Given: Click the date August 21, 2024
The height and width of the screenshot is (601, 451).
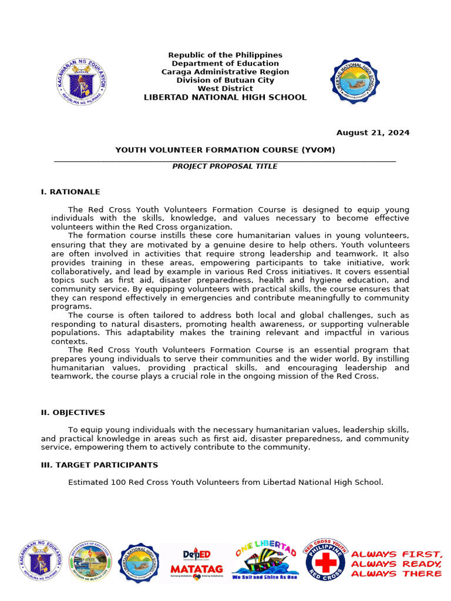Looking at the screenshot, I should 372,133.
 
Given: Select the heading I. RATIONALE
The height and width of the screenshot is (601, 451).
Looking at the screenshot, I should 70,192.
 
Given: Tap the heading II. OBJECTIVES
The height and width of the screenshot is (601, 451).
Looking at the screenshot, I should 73,413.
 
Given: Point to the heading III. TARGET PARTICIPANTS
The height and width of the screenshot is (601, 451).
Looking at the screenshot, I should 99,465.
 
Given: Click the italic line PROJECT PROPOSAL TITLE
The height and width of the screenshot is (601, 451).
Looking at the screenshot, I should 225,167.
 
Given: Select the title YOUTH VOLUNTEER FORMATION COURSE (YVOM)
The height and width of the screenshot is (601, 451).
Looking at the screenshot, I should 225,150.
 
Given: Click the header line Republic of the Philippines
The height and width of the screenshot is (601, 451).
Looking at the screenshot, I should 225,55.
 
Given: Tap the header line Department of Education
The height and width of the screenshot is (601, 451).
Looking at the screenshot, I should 225,63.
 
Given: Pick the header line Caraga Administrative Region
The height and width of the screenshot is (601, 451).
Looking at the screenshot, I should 225,72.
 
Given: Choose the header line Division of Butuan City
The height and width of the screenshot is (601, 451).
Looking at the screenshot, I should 225,80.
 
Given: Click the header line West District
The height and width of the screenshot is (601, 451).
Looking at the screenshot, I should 225,89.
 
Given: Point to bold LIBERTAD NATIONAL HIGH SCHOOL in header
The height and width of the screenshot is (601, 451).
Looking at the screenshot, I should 225,97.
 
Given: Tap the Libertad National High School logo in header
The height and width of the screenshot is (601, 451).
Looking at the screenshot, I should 355,81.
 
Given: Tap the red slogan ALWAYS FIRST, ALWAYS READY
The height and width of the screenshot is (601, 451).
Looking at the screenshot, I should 396,563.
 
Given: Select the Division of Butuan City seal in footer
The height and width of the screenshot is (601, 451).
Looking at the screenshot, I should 90,562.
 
